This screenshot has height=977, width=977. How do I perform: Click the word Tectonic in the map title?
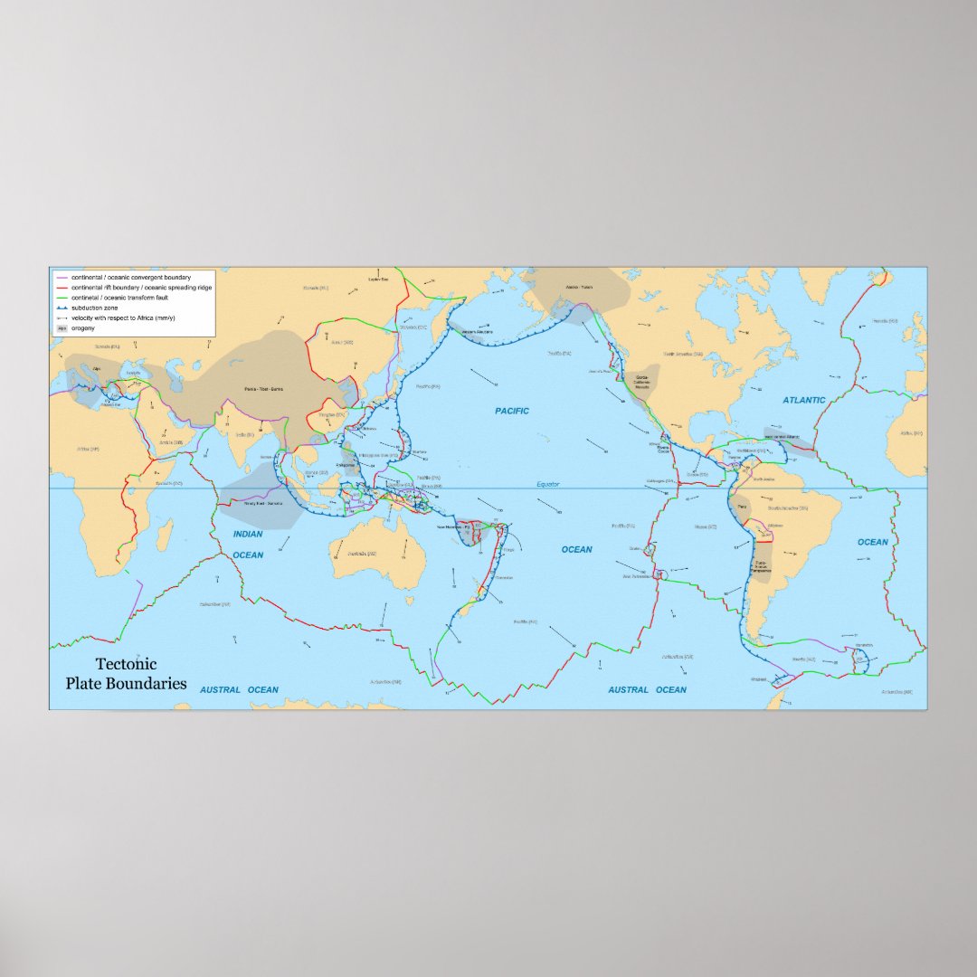pos(126,665)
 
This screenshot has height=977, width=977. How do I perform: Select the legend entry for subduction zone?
pos(95,308)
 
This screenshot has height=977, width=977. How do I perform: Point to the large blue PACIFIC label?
pos(512,411)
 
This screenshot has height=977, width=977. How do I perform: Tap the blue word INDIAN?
pos(248,534)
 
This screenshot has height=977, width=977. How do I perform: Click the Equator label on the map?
pos(548,485)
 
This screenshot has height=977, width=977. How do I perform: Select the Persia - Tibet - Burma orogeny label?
pos(264,389)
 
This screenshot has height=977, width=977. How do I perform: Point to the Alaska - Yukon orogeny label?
pos(578,288)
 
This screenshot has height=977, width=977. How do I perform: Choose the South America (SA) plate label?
pos(787,508)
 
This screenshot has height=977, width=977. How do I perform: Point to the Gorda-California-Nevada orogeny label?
pos(642,381)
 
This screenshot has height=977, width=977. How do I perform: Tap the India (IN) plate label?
pos(242,433)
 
